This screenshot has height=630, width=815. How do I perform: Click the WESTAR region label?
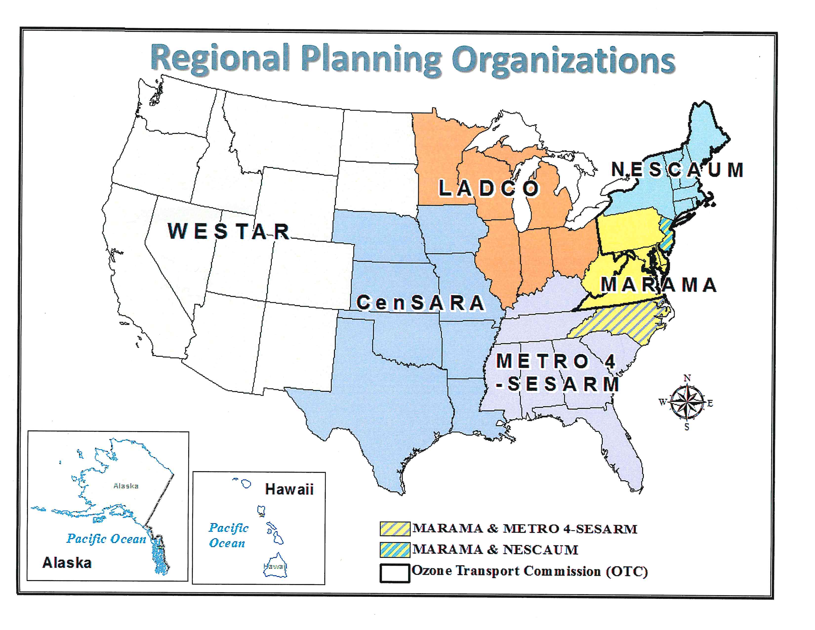pos(229,231)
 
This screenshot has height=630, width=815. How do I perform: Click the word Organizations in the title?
pos(564,61)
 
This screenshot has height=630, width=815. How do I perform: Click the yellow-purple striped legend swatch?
pos(395,528)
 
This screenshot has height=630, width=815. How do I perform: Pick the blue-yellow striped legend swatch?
pos(395,550)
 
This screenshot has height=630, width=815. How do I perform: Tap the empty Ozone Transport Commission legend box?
pos(395,572)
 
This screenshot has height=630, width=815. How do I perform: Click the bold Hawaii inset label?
pos(289,489)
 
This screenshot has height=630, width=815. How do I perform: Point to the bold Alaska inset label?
pos(67,563)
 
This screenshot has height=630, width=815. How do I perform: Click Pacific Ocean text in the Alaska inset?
pos(106,539)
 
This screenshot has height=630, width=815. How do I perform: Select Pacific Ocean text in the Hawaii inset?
pos(228,535)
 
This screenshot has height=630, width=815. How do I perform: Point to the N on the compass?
pos(687,378)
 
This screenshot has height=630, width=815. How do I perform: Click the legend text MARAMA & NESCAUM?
pos(495,550)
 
